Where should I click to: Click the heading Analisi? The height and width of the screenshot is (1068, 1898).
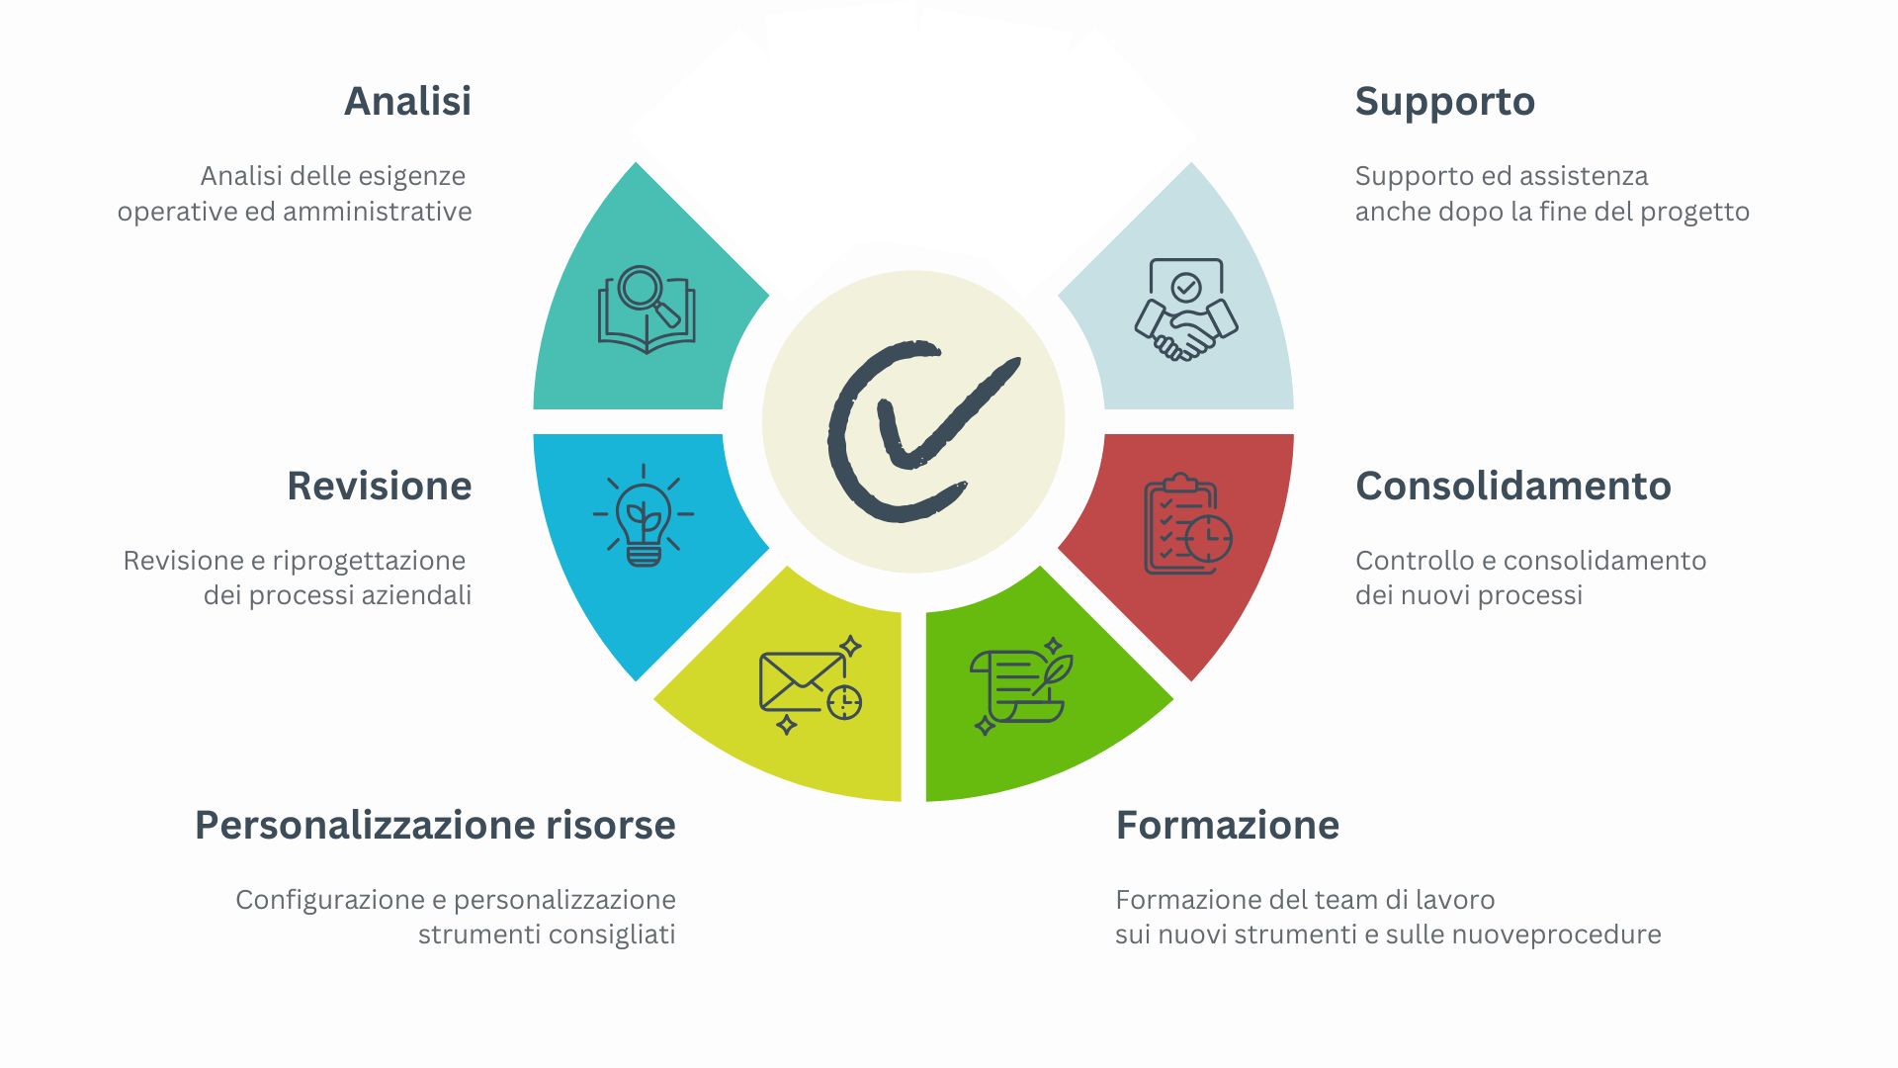click(407, 101)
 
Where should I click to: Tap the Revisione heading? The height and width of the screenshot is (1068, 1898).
click(380, 486)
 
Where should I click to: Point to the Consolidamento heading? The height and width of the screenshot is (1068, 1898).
click(1512, 486)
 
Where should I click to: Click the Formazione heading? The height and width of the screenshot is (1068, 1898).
click(1227, 825)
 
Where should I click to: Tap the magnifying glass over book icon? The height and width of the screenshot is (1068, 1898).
click(647, 309)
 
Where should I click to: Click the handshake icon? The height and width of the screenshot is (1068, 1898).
click(1186, 309)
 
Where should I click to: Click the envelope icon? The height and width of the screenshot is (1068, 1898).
click(811, 684)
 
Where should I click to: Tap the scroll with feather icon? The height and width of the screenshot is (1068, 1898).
click(1021, 685)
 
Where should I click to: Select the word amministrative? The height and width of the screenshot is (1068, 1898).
click(378, 212)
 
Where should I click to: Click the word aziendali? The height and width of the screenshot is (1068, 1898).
click(416, 595)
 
